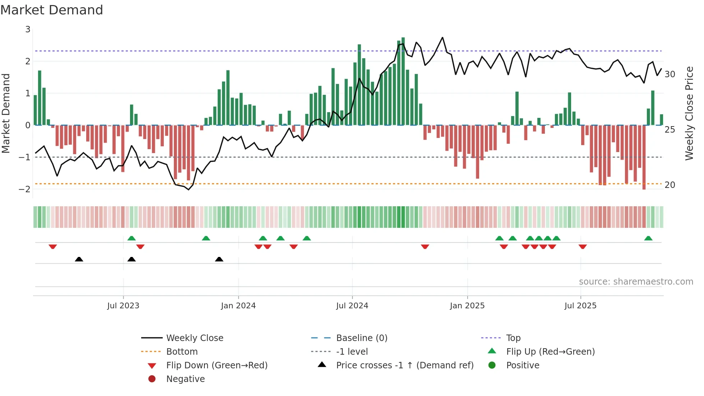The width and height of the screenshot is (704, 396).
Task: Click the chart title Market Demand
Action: tap(52, 10)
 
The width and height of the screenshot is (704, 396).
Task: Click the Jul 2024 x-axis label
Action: tap(352, 306)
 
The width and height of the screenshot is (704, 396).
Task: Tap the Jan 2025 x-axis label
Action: tap(467, 306)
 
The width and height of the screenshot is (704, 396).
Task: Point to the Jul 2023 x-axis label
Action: tap(123, 306)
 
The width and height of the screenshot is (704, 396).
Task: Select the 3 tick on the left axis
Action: tap(28, 29)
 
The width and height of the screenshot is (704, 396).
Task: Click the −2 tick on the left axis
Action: tap(25, 189)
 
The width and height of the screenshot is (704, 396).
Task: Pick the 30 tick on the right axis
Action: tap(670, 74)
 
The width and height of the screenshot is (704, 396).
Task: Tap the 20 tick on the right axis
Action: tap(670, 185)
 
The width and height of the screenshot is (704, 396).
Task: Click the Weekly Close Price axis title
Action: tap(689, 113)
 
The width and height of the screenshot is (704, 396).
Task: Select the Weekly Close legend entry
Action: tap(194, 338)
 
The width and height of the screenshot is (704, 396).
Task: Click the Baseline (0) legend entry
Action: tap(361, 338)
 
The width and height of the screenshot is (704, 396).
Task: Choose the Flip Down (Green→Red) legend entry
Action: tap(217, 365)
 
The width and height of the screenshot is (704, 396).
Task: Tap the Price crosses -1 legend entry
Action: tap(404, 365)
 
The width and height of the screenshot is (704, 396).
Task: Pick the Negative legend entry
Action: tap(185, 379)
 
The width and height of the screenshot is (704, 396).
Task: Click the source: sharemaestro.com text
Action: tap(636, 282)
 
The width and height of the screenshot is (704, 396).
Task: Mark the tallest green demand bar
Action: tap(403, 81)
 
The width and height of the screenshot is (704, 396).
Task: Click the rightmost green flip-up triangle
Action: tap(648, 238)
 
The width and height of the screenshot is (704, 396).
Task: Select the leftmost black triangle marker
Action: tap(79, 259)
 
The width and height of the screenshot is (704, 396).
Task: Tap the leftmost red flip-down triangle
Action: tap(53, 247)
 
